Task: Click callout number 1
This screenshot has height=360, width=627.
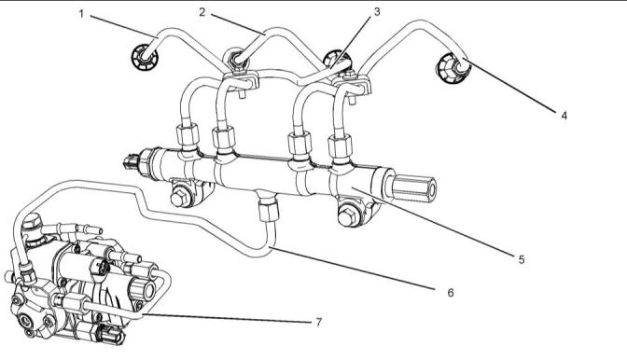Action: point(81,14)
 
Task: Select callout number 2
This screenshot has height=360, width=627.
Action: point(202,12)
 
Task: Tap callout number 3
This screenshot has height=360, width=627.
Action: point(377,12)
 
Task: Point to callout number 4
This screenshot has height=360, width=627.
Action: point(564,116)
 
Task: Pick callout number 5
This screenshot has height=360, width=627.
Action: point(521,259)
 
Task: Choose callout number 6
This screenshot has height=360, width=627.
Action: point(451,293)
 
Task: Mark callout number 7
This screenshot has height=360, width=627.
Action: point(318,322)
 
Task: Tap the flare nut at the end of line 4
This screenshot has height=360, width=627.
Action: point(451,69)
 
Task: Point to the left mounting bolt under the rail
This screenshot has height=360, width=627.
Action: point(178,199)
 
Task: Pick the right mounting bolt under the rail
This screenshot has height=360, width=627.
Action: point(347,217)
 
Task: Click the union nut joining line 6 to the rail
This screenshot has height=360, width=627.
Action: point(269,211)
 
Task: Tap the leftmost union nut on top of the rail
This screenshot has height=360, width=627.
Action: point(187,136)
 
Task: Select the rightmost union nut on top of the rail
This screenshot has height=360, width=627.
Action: point(340,148)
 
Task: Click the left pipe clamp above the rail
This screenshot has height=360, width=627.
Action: point(240,81)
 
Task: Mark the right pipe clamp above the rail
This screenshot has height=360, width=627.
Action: point(354,85)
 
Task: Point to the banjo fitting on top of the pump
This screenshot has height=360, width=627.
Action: point(33,225)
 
